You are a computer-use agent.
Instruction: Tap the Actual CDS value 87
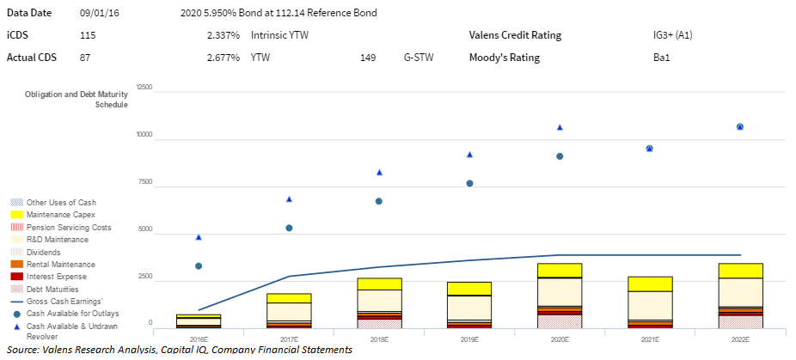(84, 58)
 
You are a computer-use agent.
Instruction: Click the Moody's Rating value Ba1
(661, 58)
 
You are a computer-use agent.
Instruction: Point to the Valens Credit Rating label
(515, 35)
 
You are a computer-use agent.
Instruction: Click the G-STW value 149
(368, 58)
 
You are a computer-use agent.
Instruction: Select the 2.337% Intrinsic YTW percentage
(223, 35)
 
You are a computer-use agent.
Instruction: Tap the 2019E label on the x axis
(469, 340)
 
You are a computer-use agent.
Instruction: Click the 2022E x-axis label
(740, 340)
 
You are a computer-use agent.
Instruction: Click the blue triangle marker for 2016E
(199, 237)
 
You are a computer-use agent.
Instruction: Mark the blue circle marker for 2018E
(379, 201)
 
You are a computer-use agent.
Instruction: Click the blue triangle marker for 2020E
(560, 127)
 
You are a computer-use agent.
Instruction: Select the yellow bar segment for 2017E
(289, 298)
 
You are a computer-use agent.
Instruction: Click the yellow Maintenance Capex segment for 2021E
(650, 284)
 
